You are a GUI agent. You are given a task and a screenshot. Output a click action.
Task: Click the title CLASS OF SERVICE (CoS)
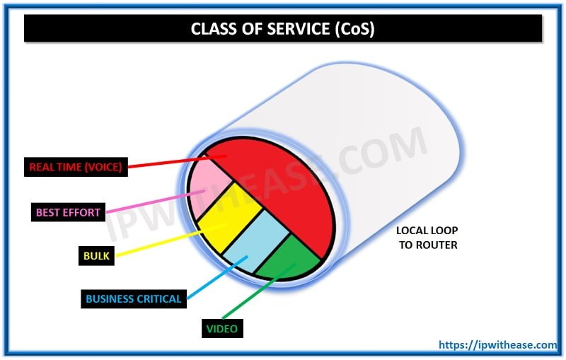tap(283, 29)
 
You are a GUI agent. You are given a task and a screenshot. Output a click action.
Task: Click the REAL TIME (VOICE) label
tap(76, 168)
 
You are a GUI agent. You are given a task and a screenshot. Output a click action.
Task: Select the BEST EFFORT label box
tap(68, 211)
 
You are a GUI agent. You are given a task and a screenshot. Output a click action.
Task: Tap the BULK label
tap(97, 255)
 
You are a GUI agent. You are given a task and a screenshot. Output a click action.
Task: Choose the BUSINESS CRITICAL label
tap(134, 298)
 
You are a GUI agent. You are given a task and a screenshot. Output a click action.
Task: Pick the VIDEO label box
tap(221, 329)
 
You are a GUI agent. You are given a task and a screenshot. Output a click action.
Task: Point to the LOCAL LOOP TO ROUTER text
tap(427, 238)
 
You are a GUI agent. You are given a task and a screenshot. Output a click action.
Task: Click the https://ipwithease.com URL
tap(497, 344)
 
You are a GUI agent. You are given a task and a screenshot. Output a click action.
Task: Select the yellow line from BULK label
tap(163, 241)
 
